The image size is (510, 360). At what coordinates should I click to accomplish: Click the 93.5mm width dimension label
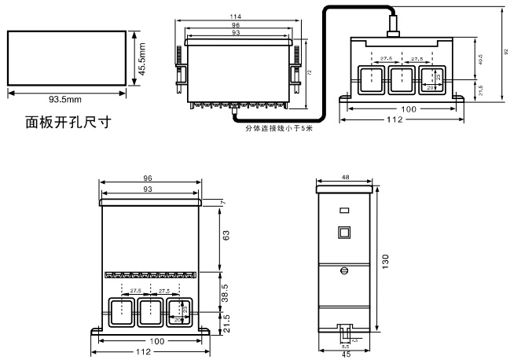(66, 101)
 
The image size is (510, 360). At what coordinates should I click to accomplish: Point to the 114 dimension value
(235, 16)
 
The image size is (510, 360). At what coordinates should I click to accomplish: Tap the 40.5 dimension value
(481, 61)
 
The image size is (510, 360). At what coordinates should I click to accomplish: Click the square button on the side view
(343, 233)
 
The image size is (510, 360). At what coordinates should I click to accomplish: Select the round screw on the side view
(343, 270)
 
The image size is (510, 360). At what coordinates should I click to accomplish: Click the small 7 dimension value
(223, 202)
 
